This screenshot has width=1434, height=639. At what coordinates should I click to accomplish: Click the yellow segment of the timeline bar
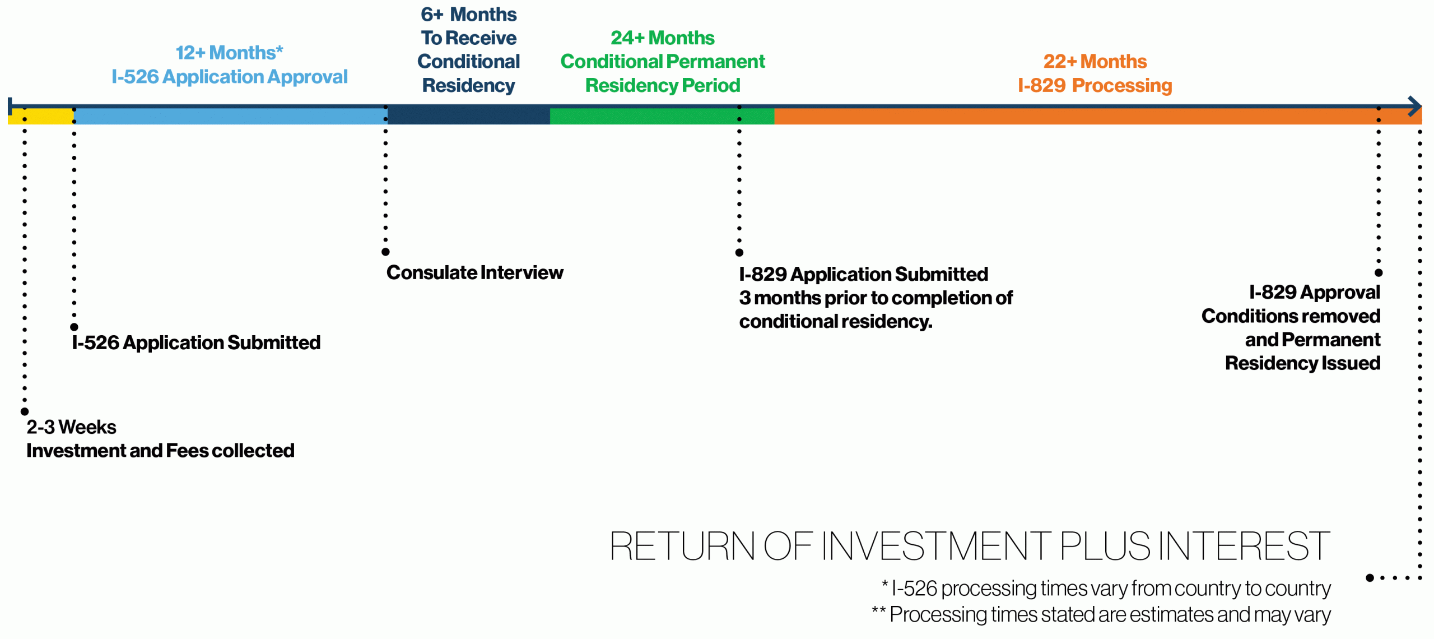(x=40, y=116)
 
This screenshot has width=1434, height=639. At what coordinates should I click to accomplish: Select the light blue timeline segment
(x=230, y=116)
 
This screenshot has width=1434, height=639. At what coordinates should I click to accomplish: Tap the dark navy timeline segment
(x=468, y=116)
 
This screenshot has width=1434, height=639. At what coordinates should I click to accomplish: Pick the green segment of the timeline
(x=662, y=116)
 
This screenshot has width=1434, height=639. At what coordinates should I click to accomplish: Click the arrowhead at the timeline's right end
(x=1416, y=106)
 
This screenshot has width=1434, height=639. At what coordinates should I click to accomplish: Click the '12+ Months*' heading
(x=230, y=53)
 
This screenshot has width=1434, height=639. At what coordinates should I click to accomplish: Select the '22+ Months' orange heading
(x=1095, y=61)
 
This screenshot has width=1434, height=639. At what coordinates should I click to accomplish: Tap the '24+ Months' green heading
(x=662, y=38)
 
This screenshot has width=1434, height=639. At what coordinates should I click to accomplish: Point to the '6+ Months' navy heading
(x=468, y=14)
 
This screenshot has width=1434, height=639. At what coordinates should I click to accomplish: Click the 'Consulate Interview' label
(x=474, y=272)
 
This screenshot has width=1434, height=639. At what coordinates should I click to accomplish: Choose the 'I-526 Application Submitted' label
(x=196, y=342)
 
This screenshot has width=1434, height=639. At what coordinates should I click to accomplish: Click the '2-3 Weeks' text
(x=71, y=427)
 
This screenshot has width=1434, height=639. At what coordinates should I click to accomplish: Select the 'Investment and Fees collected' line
(x=160, y=451)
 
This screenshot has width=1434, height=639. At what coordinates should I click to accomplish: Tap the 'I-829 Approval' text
(x=1315, y=293)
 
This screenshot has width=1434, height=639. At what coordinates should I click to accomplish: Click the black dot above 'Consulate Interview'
(x=385, y=252)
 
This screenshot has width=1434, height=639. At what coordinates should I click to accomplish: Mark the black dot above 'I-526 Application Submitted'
(x=74, y=327)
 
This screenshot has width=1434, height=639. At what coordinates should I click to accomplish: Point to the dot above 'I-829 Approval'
(x=1379, y=272)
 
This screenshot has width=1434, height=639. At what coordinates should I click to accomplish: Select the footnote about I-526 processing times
(x=1106, y=589)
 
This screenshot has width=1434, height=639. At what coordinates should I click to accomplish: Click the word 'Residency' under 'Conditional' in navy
(x=468, y=85)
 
